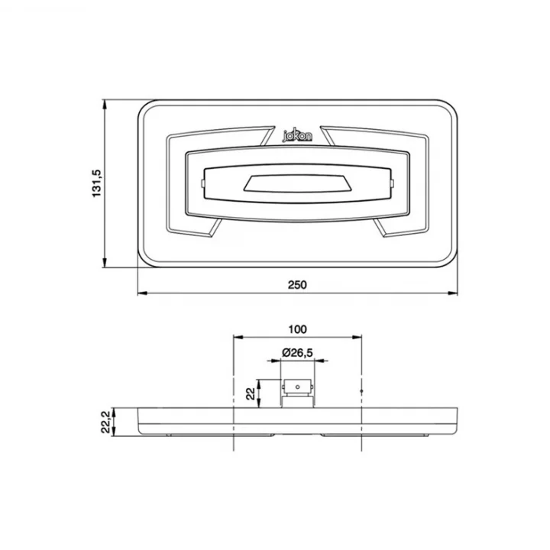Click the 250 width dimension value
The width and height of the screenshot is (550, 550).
point(297,284)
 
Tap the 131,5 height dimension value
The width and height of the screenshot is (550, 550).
point(96,183)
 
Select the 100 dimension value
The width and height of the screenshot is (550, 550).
point(297,329)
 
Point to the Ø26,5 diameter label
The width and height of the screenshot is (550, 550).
point(297,352)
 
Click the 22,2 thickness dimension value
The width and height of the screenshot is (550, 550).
point(106,422)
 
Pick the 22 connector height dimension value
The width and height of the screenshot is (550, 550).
point(251,394)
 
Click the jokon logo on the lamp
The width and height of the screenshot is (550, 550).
point(297,136)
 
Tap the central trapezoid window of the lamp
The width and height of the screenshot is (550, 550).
point(297,183)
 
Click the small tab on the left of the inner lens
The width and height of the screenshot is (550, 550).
point(202,183)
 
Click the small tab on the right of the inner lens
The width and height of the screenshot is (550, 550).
point(392,183)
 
